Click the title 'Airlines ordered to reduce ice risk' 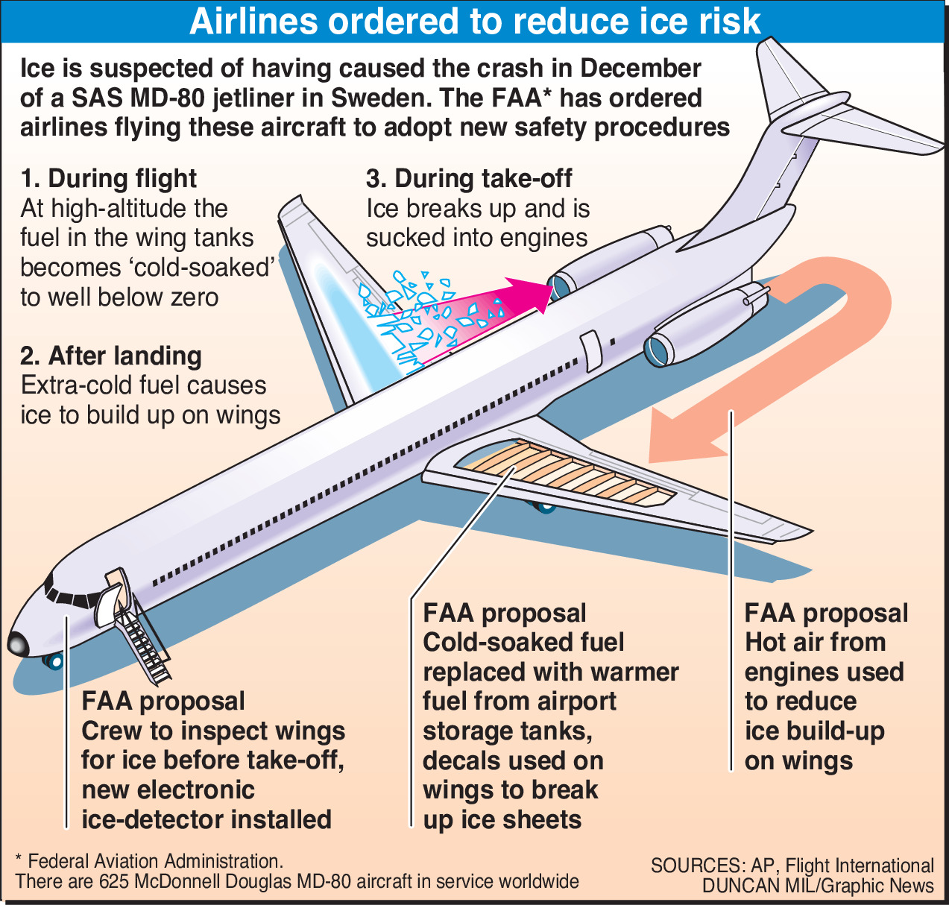click(475, 22)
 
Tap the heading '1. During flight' click(109, 179)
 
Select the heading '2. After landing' click(111, 356)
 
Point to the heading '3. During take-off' click(469, 179)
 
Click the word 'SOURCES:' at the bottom click(697, 866)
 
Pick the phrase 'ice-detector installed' click(206, 819)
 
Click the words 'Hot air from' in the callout click(816, 643)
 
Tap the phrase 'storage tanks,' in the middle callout click(508, 731)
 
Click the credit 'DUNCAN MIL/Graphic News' click(818, 886)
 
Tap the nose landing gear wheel click(54, 661)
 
